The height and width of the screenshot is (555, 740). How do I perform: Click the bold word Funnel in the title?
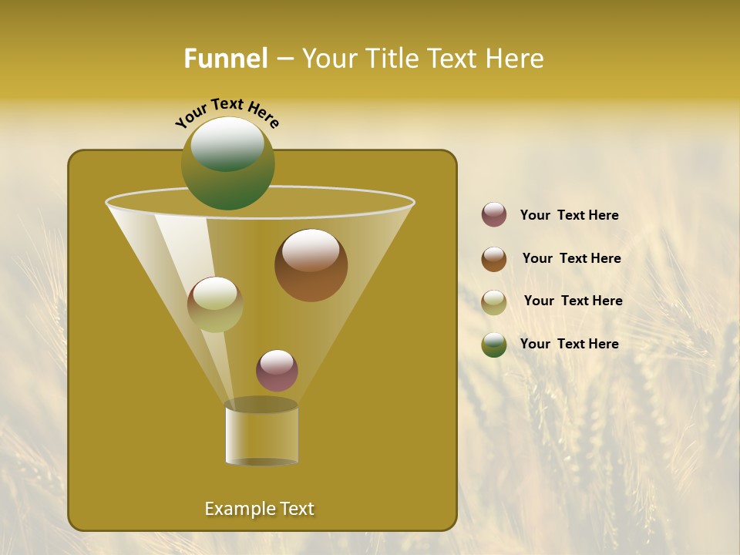[x=226, y=59]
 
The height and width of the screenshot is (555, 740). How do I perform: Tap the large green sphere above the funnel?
[x=228, y=163]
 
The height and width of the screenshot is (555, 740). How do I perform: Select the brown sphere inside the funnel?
[x=311, y=265]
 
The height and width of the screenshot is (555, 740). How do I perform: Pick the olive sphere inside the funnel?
[x=215, y=304]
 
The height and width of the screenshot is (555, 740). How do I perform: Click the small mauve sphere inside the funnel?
[x=277, y=371]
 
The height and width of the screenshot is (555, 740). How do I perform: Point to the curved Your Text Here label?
[x=227, y=113]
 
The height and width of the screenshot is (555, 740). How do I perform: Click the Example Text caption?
[x=259, y=509]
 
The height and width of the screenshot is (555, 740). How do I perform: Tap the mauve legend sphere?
[x=494, y=215]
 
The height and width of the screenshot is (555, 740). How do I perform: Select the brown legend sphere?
[x=494, y=259]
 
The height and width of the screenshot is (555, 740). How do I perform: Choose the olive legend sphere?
[x=494, y=302]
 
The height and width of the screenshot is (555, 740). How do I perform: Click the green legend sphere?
[x=494, y=345]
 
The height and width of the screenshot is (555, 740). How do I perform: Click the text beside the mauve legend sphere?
[x=569, y=216]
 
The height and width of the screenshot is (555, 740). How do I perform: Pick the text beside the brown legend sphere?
[x=571, y=258]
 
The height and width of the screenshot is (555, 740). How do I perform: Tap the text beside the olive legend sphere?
[x=573, y=301]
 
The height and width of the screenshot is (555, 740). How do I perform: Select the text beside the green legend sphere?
[x=569, y=344]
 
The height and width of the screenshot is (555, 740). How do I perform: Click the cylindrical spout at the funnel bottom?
[x=261, y=433]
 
